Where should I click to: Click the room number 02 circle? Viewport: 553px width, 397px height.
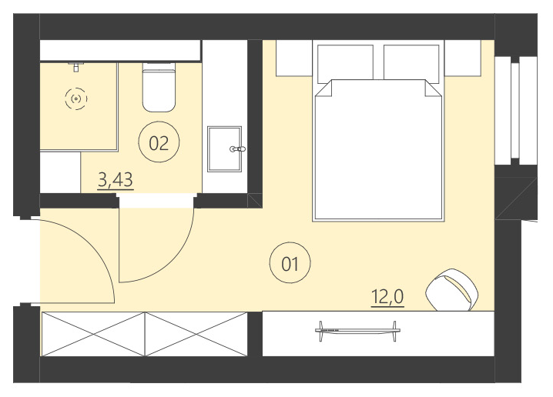click(x=158, y=142)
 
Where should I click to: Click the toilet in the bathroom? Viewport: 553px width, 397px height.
click(x=160, y=88)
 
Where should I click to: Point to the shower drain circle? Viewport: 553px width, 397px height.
click(x=75, y=98)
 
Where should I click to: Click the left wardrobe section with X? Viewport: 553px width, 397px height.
click(x=92, y=333)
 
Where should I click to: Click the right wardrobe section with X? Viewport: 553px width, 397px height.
click(x=196, y=333)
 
